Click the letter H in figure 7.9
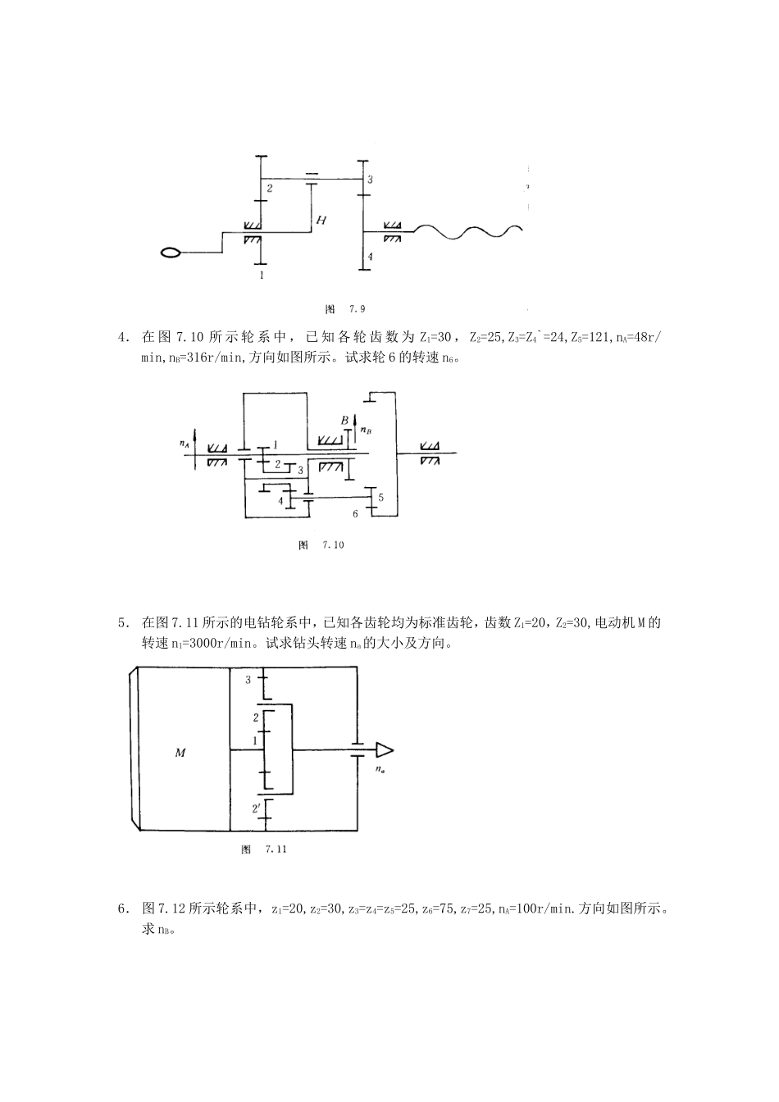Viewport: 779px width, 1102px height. tap(321, 220)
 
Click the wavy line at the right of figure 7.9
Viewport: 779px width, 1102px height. tap(467, 232)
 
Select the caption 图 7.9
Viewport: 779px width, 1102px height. tap(345, 309)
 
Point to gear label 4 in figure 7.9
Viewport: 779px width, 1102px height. tap(370, 257)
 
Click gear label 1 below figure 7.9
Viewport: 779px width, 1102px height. tap(262, 275)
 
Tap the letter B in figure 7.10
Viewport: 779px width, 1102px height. tap(344, 420)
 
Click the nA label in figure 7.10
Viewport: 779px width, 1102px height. tap(184, 444)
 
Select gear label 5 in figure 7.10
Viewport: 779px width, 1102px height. tap(380, 498)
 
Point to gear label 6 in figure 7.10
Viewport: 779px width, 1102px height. tap(355, 513)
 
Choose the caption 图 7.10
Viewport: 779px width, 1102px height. tap(321, 545)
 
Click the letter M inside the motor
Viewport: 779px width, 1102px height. tap(180, 752)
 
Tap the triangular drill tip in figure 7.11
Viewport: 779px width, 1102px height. tap(385, 750)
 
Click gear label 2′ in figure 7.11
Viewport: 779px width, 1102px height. tap(256, 808)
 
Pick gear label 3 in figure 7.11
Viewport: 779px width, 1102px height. tap(248, 680)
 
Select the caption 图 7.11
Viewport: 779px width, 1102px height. tap(264, 849)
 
